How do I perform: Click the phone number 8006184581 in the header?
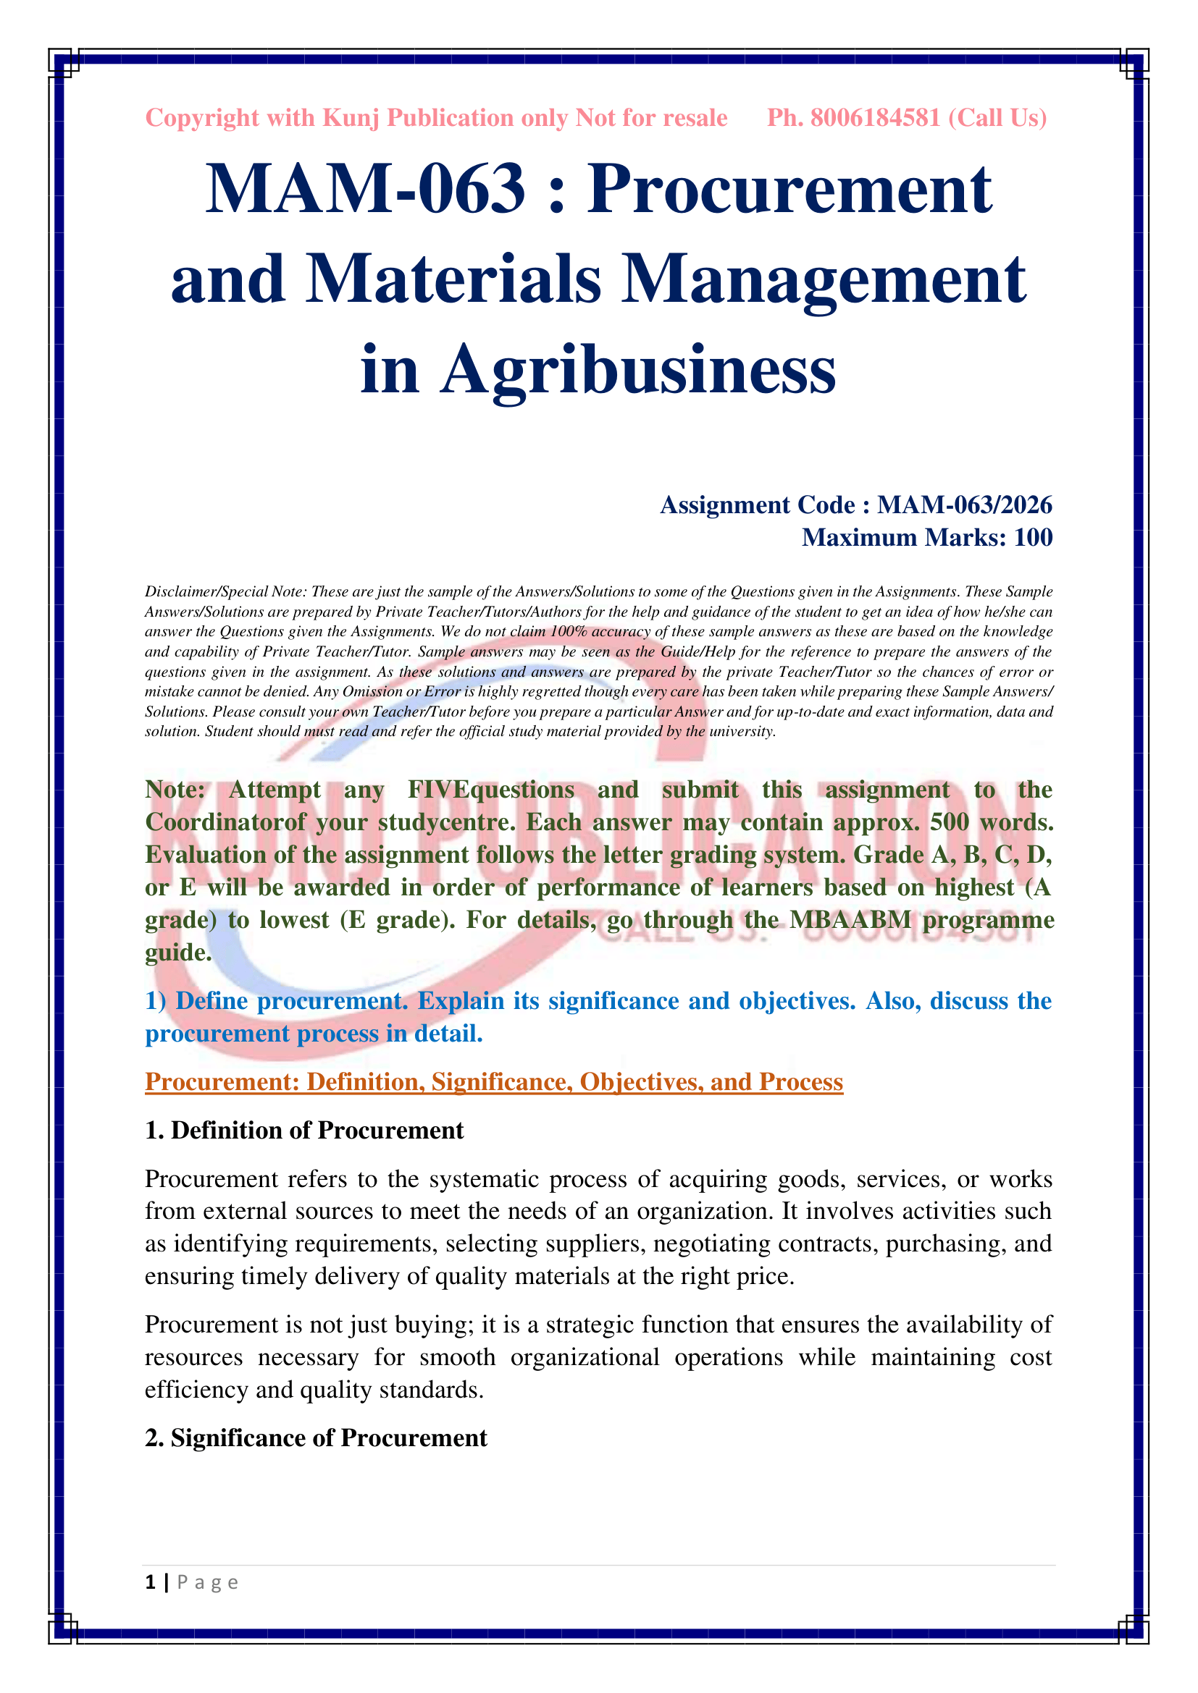pyautogui.click(x=875, y=118)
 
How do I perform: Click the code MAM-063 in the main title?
pyautogui.click(x=365, y=190)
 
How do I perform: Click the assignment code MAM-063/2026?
pyautogui.click(x=964, y=505)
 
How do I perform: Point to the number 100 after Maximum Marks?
pyautogui.click(x=1033, y=538)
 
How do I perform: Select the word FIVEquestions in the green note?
pyautogui.click(x=490, y=790)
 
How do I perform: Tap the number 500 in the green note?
pyautogui.click(x=950, y=822)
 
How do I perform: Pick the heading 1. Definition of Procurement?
pyautogui.click(x=304, y=1131)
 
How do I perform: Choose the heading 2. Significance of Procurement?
pyautogui.click(x=316, y=1438)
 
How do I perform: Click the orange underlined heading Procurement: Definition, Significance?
pyautogui.click(x=493, y=1081)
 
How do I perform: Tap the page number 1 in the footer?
pyautogui.click(x=151, y=1582)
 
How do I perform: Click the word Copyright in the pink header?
pyautogui.click(x=202, y=118)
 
